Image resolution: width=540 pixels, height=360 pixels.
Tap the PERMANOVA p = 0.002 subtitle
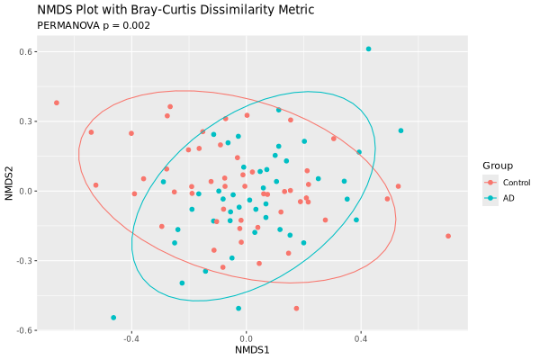click(x=94, y=25)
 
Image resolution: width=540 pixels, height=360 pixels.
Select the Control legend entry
click(x=516, y=183)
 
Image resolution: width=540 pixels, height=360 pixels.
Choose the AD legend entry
click(x=508, y=198)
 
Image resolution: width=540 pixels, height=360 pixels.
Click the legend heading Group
click(x=498, y=166)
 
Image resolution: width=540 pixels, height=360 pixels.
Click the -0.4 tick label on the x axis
click(x=130, y=339)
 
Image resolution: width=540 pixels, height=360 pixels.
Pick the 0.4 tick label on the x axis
click(x=361, y=339)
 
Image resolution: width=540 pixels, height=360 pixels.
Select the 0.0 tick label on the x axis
click(x=246, y=339)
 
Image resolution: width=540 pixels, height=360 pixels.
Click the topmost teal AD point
click(x=368, y=49)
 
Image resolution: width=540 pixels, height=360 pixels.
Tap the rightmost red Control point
click(x=448, y=236)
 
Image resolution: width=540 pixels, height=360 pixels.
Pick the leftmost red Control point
click(x=56, y=103)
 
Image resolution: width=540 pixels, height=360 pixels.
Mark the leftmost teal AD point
click(x=113, y=318)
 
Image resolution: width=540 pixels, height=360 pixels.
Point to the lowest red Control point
click(x=296, y=309)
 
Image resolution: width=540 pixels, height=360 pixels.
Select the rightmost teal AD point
click(x=400, y=130)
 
